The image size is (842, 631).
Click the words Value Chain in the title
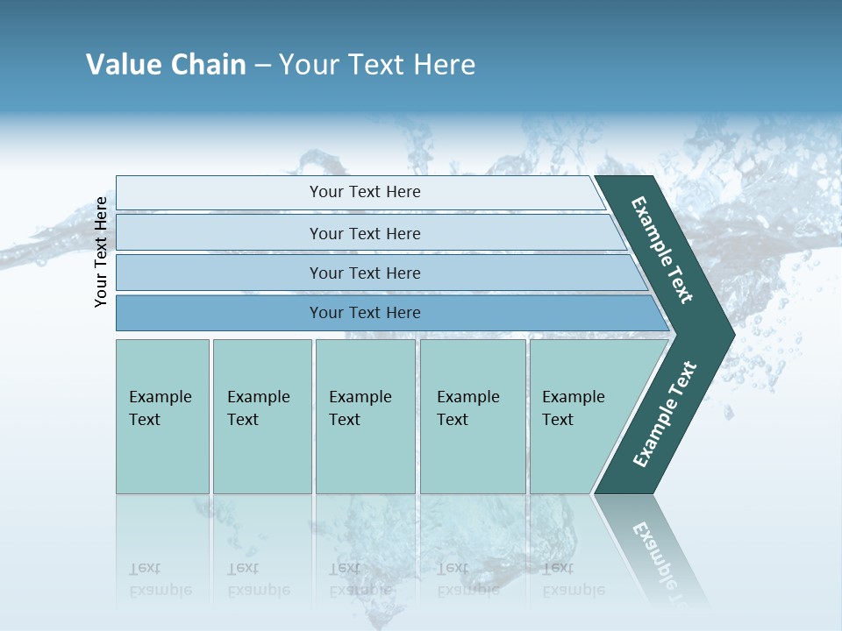(x=166, y=65)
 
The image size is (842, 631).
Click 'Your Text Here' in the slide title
(x=377, y=65)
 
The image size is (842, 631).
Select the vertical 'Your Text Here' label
(x=102, y=252)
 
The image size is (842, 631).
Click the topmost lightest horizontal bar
(x=364, y=192)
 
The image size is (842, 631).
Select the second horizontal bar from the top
(x=364, y=233)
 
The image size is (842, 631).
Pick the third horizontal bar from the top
(x=364, y=273)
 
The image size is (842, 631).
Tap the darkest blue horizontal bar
(x=364, y=313)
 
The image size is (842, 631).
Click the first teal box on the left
(x=162, y=416)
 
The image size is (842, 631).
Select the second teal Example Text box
(x=262, y=416)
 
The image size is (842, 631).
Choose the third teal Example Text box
(x=365, y=416)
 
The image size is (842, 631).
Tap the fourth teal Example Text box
(x=473, y=416)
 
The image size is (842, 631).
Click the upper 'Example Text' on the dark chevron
(x=662, y=250)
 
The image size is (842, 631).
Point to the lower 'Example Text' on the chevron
(x=664, y=415)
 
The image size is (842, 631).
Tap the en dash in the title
(x=262, y=66)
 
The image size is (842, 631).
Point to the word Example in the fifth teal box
(x=573, y=397)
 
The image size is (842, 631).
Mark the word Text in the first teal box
(x=145, y=420)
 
